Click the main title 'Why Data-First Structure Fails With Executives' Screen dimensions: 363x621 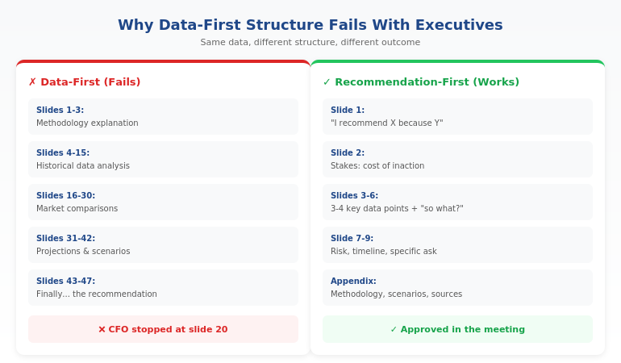[310, 25]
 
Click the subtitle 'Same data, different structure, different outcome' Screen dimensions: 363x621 [310, 43]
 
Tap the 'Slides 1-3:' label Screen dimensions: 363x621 [60, 111]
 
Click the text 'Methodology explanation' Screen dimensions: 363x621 [87, 123]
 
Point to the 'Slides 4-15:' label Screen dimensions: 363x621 [63, 153]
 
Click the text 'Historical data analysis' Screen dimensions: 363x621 [83, 166]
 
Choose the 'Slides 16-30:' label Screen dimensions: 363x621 [65, 196]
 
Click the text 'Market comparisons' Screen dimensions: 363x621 [77, 209]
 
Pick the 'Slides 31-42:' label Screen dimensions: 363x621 [65, 239]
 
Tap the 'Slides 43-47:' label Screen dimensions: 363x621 [65, 282]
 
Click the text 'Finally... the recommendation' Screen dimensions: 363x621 [97, 294]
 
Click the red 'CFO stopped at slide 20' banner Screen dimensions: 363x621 [163, 329]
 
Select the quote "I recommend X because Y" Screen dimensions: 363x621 [387, 123]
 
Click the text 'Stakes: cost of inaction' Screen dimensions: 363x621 [377, 166]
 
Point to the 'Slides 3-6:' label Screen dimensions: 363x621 [354, 196]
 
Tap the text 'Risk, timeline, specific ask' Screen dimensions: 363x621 [384, 252]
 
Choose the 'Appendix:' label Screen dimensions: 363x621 [353, 282]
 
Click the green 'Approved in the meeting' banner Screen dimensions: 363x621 [457, 329]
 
